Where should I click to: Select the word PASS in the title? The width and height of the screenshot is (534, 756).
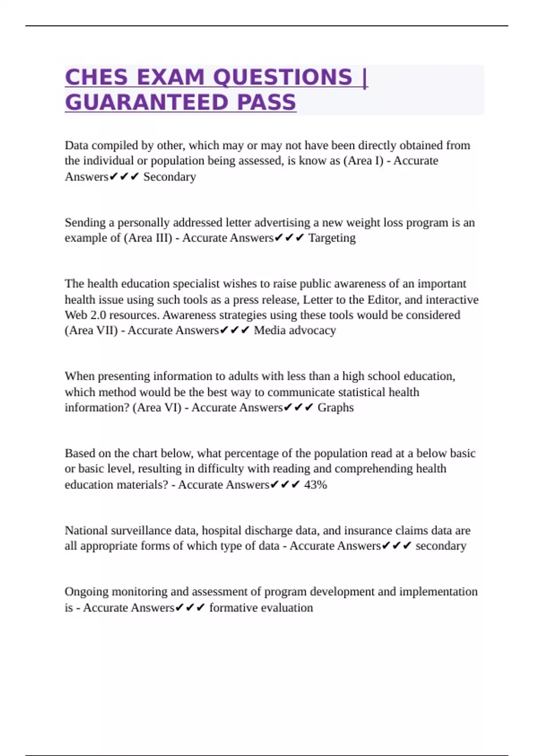coord(267,103)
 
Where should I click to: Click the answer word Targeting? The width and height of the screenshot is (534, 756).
coord(332,238)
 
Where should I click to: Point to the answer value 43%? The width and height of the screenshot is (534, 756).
coord(316,484)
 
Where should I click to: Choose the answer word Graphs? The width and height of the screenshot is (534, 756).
coord(336,407)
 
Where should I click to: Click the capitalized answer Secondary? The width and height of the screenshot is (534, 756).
coord(170,177)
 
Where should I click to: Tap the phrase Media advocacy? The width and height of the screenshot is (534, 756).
coord(295,330)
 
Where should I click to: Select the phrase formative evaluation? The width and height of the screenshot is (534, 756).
coord(261,607)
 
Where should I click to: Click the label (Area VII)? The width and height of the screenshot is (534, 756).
coord(91,330)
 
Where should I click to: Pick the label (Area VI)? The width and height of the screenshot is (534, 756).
coord(157,407)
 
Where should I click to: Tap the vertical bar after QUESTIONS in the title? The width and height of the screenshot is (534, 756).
coord(365,77)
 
